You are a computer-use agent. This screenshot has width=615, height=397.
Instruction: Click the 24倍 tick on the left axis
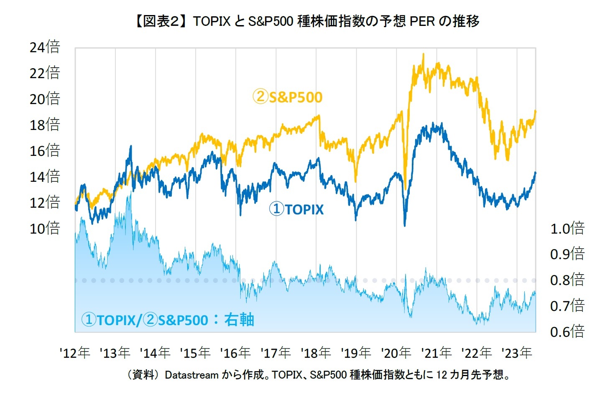point(45,47)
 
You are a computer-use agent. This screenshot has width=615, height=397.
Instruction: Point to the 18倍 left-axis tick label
point(45,125)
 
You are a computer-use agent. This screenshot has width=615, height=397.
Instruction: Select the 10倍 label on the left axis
point(45,228)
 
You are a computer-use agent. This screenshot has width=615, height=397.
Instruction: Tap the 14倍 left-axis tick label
point(45,176)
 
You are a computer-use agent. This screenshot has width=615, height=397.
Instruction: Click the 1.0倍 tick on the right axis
point(567,229)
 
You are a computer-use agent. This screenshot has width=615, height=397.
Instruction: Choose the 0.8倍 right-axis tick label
point(567,280)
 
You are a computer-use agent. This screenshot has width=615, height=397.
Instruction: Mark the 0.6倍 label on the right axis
point(567,332)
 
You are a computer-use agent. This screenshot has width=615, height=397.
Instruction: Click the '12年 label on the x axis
point(75,353)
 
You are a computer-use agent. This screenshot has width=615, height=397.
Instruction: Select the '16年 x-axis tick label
point(235,353)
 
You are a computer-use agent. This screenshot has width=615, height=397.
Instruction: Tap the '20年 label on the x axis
point(396,353)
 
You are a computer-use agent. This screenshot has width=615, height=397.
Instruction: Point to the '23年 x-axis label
point(517,353)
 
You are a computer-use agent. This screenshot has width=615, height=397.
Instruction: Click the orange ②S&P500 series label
point(288,97)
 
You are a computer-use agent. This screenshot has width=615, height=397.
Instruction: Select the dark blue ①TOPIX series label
point(296,209)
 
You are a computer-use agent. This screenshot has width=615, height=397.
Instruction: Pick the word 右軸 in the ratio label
point(239,320)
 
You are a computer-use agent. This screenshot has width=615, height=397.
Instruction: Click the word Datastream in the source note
point(191,375)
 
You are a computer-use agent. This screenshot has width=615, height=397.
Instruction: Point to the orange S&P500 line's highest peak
point(423,54)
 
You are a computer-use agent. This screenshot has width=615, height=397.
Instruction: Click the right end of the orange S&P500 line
point(535,111)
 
